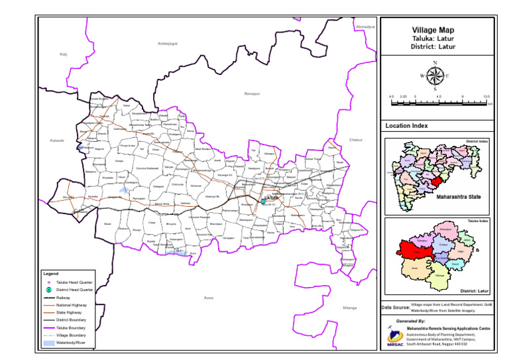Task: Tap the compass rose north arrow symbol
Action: coord(435,76)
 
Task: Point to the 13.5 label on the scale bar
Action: coord(486,97)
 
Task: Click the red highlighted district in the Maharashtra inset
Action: coord(435,182)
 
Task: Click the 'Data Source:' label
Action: coord(396,308)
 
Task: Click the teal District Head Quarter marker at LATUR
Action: coord(263,202)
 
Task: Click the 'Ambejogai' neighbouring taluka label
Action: coord(168,43)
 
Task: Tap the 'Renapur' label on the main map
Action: coord(252,94)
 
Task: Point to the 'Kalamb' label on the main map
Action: coord(56,141)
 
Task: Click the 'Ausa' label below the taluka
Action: coord(209,298)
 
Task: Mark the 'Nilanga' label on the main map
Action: coord(349,308)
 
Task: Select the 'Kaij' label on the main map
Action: coord(64,54)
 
